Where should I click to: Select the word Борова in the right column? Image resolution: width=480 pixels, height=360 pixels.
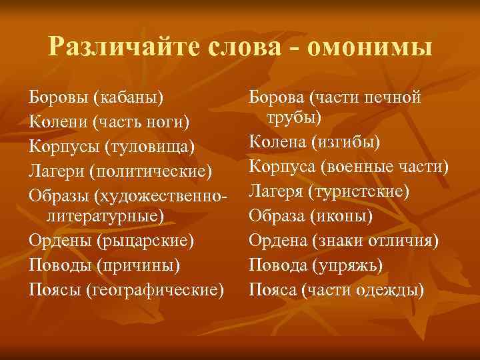[x=276, y=97]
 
